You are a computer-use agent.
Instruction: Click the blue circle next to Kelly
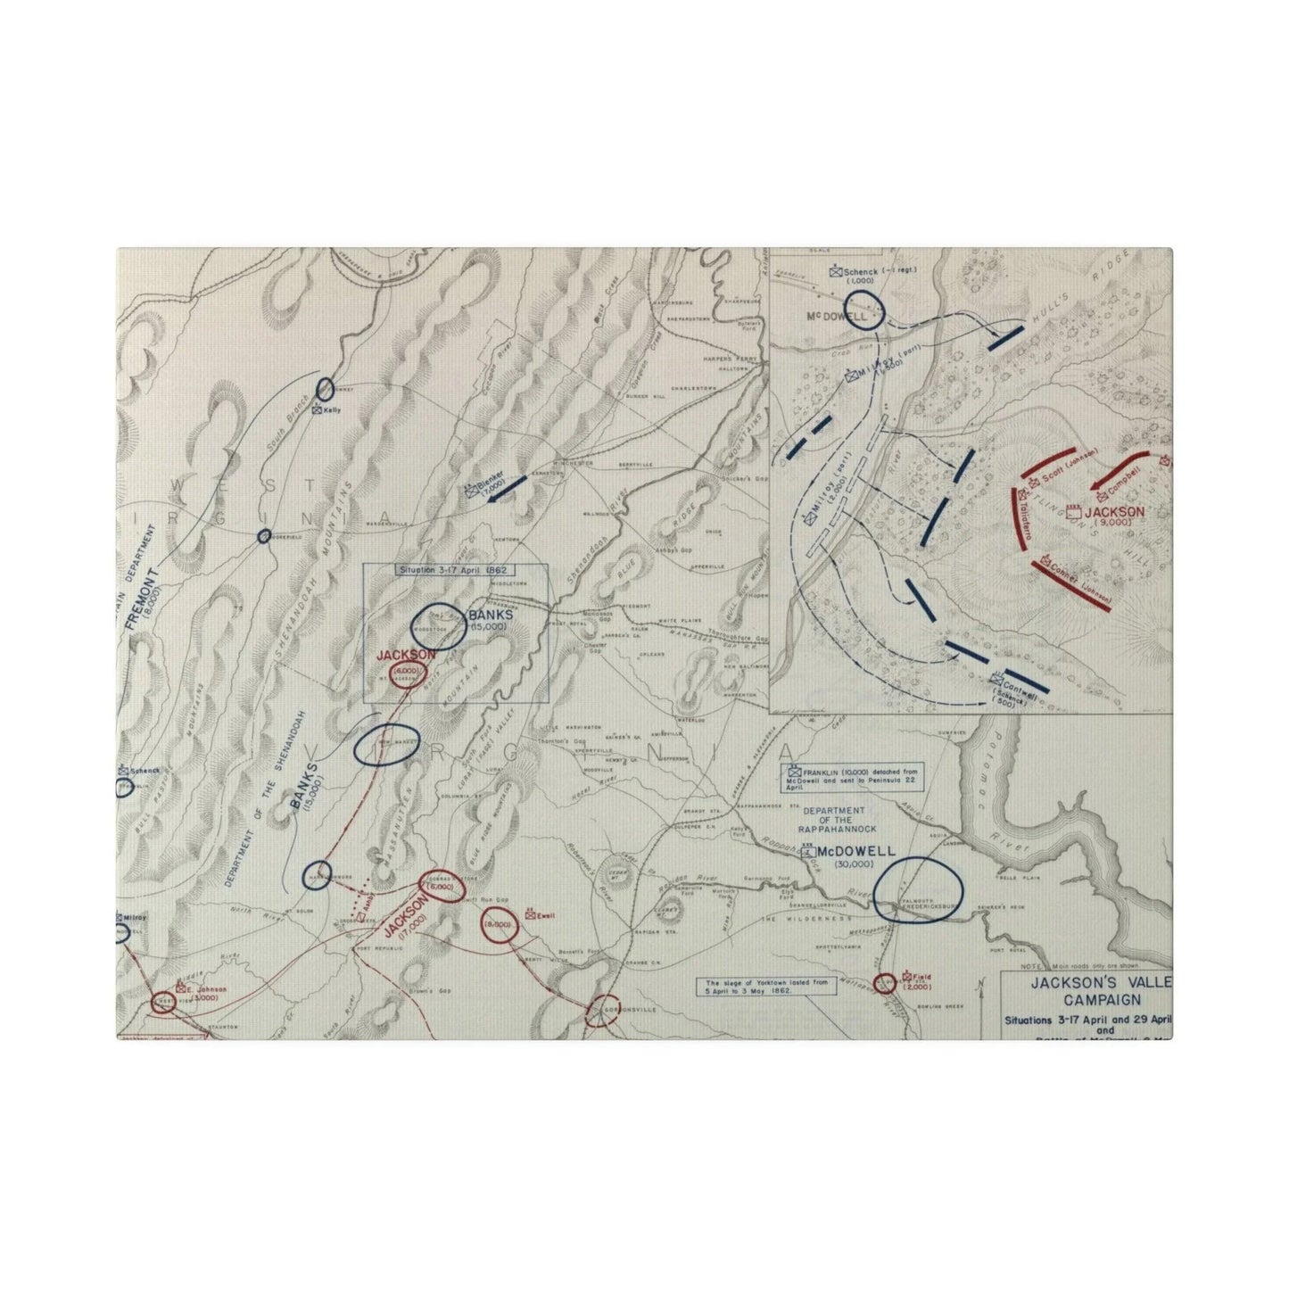point(325,389)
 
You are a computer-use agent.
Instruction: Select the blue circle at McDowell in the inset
point(863,312)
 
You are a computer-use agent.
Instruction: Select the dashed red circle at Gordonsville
point(606,1010)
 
